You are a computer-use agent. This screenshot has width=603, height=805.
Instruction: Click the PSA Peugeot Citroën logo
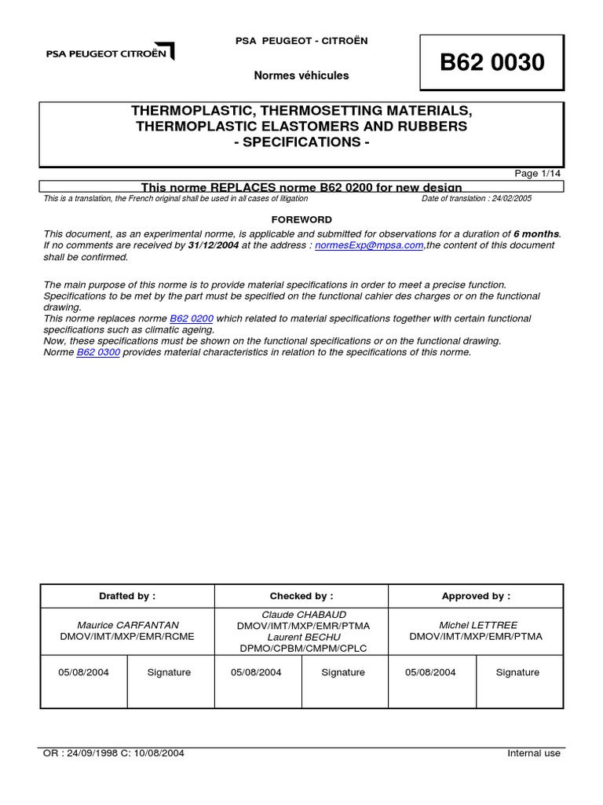tap(110, 53)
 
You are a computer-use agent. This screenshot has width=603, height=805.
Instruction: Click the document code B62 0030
tap(492, 63)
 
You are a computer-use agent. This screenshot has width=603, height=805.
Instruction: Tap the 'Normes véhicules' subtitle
tap(301, 75)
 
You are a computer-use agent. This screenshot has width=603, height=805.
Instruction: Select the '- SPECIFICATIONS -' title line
tap(301, 142)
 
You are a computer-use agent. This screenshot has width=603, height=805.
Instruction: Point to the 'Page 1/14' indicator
tap(538, 174)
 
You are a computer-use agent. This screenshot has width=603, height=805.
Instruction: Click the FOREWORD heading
tap(301, 219)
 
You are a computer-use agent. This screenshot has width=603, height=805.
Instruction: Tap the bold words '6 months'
tap(536, 233)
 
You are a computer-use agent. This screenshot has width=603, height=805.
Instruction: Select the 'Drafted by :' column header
tap(127, 596)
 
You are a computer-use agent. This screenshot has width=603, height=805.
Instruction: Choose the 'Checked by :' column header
tap(301, 596)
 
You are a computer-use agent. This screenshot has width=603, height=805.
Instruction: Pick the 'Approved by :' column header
tap(476, 596)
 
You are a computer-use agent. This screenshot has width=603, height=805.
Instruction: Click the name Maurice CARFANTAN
tap(127, 625)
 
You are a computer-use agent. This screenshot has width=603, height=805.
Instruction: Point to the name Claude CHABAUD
tap(303, 614)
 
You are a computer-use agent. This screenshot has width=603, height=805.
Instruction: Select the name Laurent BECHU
tap(303, 637)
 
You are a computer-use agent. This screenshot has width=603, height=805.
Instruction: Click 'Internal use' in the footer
tap(534, 753)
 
